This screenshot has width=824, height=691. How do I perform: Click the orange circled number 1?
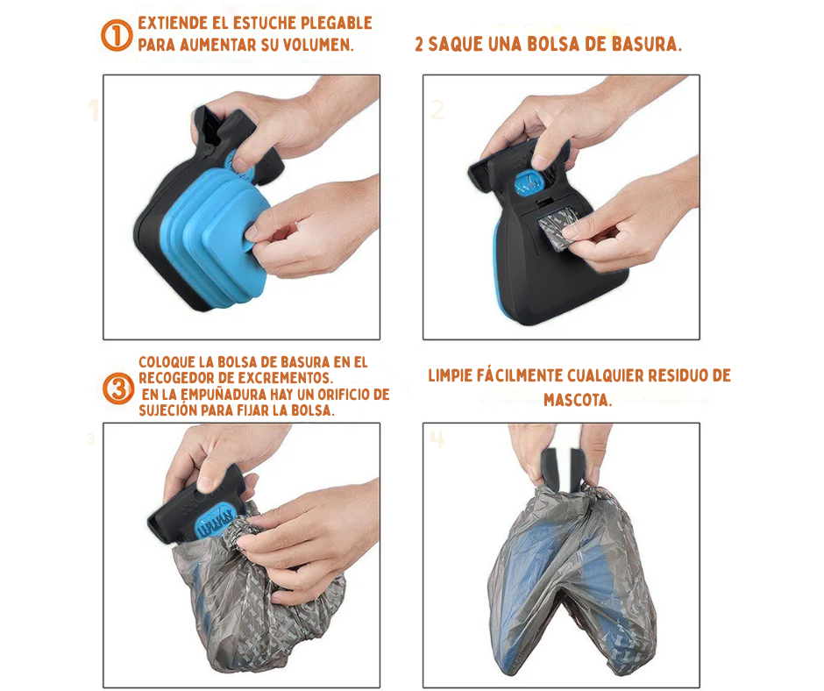coord(116,35)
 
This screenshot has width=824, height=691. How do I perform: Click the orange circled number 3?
coord(117,388)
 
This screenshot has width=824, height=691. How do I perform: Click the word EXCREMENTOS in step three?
coord(285,378)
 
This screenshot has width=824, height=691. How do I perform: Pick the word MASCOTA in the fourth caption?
coord(578,400)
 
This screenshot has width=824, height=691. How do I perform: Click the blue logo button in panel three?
coord(216,522)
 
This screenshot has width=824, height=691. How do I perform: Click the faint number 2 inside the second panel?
coord(437,110)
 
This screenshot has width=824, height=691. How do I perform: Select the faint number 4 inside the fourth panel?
coord(437,439)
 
